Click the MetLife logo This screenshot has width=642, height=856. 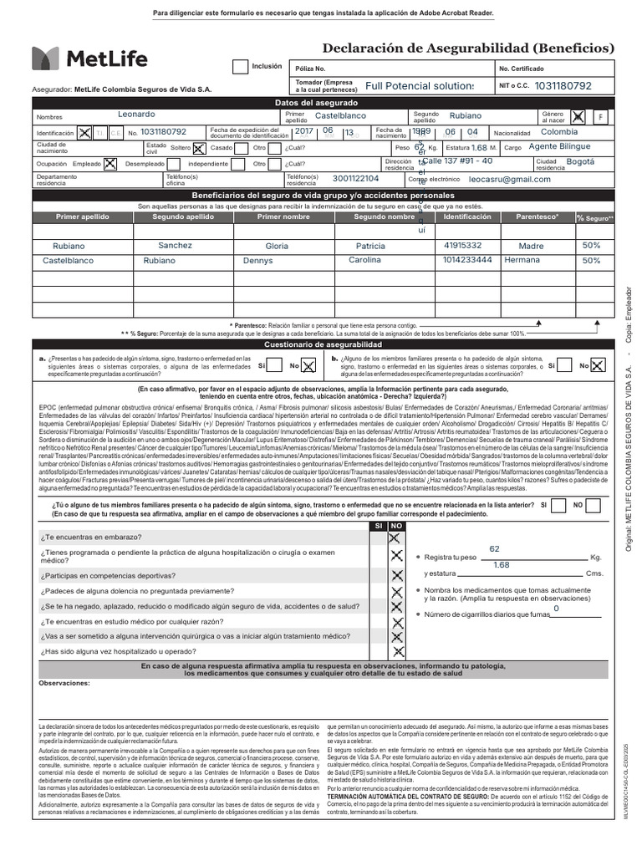[89, 58]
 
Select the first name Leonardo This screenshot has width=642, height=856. [135, 114]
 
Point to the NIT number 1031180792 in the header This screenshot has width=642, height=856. [563, 85]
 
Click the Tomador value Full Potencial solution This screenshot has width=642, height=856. [419, 86]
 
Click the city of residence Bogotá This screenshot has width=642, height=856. [580, 161]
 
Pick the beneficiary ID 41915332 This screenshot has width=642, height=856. [462, 246]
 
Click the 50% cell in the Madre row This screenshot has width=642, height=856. [591, 246]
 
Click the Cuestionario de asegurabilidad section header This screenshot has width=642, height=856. [323, 344]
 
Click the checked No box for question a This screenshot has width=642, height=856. [308, 365]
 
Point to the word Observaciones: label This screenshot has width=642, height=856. [64, 683]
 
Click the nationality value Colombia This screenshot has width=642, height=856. [559, 132]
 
